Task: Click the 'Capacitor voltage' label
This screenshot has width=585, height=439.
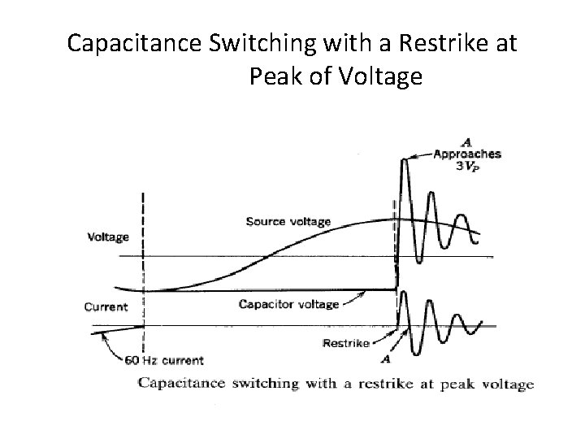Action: tap(288, 305)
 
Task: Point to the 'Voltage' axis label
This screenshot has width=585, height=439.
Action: tap(108, 237)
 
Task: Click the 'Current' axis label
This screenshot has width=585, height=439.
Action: tap(106, 307)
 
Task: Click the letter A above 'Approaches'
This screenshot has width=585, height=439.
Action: tap(466, 141)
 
